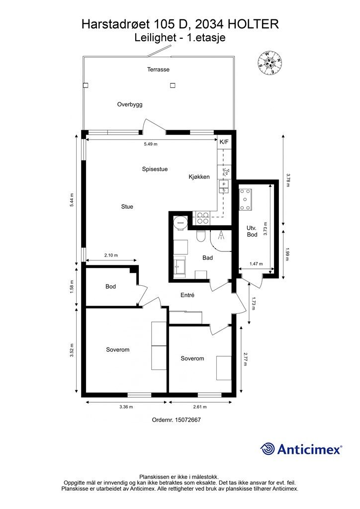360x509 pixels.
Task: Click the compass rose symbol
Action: click(270, 62)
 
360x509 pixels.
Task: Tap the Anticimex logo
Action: click(301, 449)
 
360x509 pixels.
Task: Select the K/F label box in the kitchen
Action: click(224, 142)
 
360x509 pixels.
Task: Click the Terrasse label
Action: click(158, 69)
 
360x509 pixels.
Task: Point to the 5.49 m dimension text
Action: click(151, 144)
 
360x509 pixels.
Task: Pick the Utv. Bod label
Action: click(252, 231)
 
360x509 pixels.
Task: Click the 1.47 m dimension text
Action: click(256, 263)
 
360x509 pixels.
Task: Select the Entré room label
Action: click(187, 295)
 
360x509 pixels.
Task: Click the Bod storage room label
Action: click(110, 286)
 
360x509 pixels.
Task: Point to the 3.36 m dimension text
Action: click(126, 407)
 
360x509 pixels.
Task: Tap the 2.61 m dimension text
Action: click(199, 407)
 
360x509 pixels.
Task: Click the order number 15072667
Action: click(187, 420)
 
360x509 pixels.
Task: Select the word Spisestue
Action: click(155, 169)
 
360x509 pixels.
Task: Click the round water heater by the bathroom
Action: click(180, 222)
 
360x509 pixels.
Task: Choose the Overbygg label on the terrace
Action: click(130, 104)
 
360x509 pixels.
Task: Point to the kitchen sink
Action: click(224, 187)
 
